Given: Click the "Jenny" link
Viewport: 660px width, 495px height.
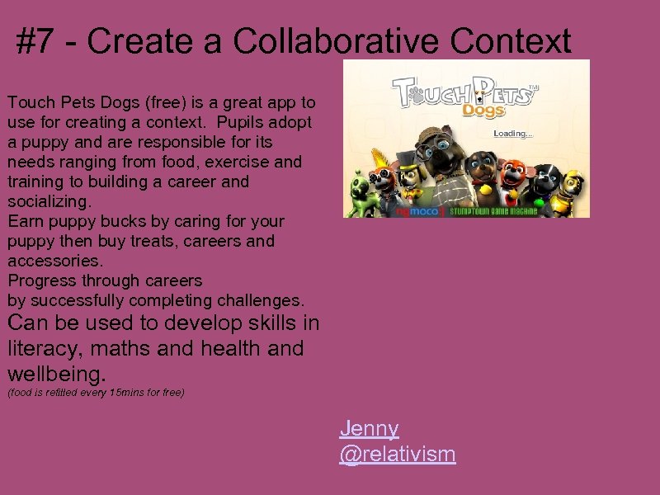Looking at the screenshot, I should [369, 428].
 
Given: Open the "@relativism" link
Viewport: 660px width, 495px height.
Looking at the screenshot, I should [397, 454].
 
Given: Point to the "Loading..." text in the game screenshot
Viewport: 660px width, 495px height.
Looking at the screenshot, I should [513, 133].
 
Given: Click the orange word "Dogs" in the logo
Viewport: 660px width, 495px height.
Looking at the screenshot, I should [484, 110].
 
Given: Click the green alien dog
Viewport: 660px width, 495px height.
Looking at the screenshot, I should [359, 189].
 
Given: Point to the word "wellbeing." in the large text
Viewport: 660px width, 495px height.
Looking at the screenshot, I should [57, 375].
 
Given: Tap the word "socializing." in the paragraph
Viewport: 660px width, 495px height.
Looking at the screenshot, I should [50, 201].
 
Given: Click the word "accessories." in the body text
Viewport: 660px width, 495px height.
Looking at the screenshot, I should [55, 261].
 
